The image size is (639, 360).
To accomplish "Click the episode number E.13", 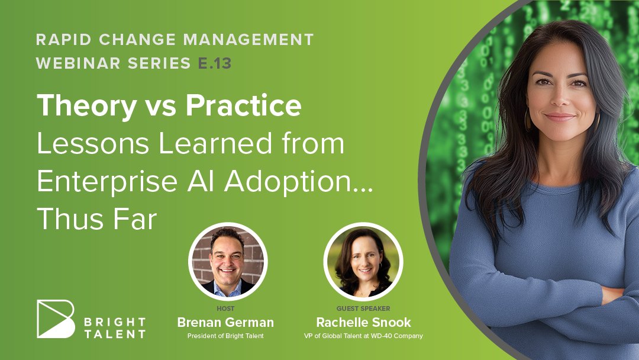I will click(x=215, y=63).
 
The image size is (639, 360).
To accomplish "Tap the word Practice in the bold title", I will click(x=243, y=106).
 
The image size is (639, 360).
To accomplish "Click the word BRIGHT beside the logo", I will click(x=115, y=322).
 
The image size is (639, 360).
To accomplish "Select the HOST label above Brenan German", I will click(x=225, y=308).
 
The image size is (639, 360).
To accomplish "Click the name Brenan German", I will click(x=225, y=323).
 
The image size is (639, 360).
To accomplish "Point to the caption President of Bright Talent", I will click(x=225, y=336).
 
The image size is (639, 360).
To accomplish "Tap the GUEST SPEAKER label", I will click(x=363, y=308).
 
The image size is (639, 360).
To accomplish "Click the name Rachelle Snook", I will click(x=363, y=323).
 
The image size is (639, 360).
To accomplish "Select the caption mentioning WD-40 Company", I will click(x=363, y=336).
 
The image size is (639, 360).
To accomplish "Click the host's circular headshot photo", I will click(x=228, y=262).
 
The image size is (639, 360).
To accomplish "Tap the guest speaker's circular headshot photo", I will click(x=363, y=262).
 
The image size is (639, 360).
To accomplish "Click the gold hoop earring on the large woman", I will click(x=528, y=121).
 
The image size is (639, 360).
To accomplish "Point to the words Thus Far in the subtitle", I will click(x=96, y=220).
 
